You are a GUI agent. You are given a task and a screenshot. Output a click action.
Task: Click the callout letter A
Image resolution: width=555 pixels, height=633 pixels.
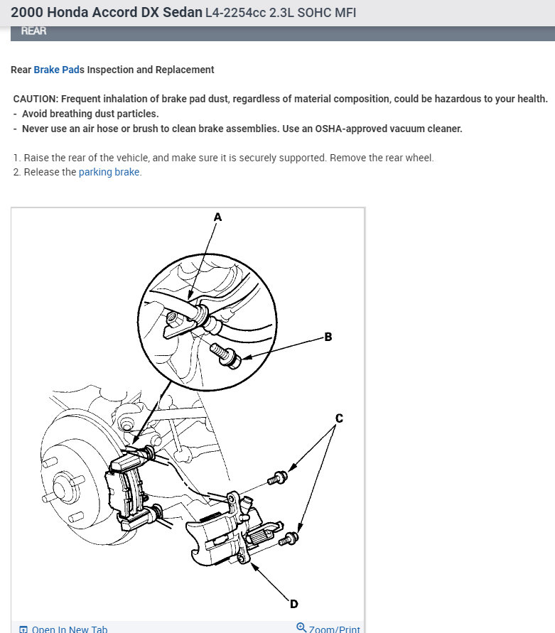(217, 217)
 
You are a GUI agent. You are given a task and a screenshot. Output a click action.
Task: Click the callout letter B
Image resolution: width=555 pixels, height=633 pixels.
(328, 337)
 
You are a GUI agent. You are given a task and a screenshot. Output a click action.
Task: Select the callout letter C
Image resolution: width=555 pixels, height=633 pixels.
(339, 418)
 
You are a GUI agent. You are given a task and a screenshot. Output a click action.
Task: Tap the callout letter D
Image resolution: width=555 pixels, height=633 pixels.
(293, 604)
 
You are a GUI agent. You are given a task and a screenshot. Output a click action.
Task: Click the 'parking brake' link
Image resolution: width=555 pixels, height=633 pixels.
(109, 172)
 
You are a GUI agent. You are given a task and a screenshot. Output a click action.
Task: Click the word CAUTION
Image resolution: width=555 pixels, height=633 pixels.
(35, 99)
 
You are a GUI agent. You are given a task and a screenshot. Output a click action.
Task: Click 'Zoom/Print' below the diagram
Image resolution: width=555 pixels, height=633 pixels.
(334, 629)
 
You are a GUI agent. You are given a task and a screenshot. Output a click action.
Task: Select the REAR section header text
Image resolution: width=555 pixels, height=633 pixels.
(35, 31)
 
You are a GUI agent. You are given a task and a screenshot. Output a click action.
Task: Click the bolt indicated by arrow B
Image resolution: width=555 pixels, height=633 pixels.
(226, 354)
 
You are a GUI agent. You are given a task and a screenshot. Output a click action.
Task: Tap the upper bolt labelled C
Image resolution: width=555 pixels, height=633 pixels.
(278, 477)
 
